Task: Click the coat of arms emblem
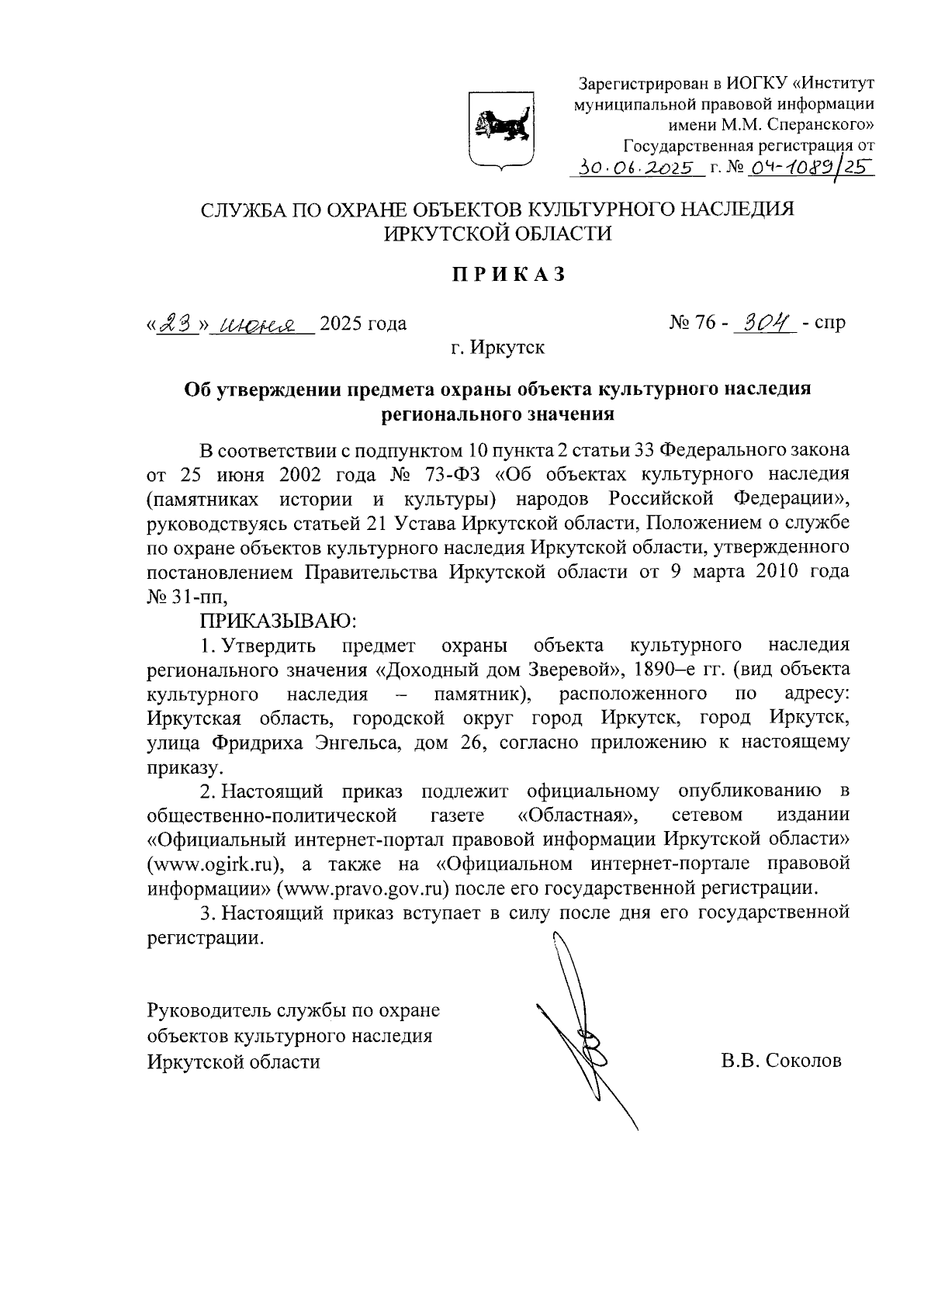[500, 129]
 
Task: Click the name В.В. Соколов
[780, 1061]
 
